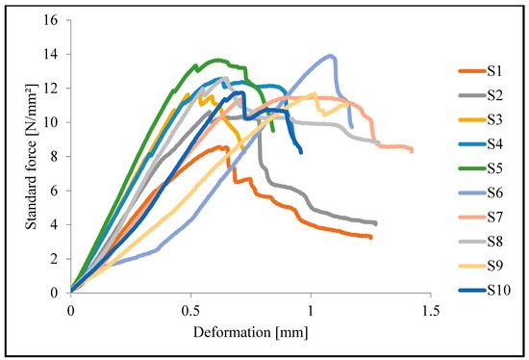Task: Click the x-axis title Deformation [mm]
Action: coord(250,334)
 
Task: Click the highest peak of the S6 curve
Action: coord(332,56)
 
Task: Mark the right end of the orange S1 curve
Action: coord(371,237)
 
